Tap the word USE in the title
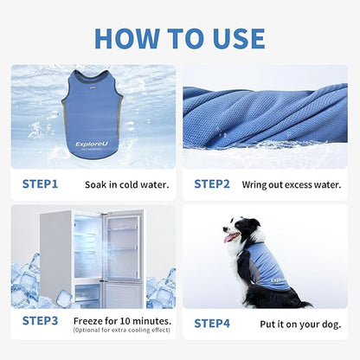pyautogui.click(x=235, y=38)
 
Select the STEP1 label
pyautogui.click(x=40, y=183)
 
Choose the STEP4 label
pyautogui.click(x=212, y=323)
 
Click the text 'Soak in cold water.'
pyautogui.click(x=127, y=184)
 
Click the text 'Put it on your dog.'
pyautogui.click(x=300, y=324)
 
